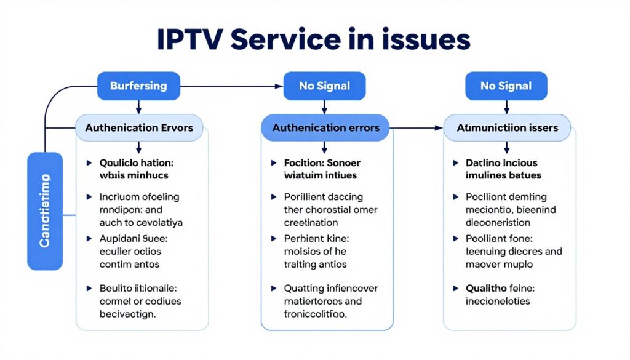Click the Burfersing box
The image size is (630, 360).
[138, 86]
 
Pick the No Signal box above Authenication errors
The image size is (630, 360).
[324, 86]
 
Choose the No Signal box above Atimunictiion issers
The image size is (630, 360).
[505, 86]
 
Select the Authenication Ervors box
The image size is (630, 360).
[138, 128]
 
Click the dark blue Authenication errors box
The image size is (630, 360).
[325, 128]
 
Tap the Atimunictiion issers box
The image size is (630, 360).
[507, 128]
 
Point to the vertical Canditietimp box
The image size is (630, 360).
[45, 211]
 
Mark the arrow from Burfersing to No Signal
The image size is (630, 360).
[231, 86]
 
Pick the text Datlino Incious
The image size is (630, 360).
[501, 163]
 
